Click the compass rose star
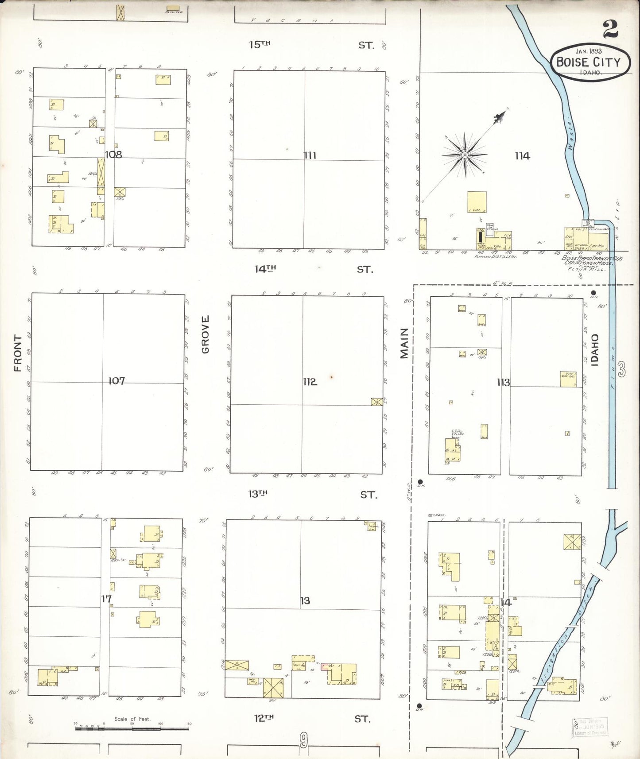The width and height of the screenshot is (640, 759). pyautogui.click(x=465, y=155)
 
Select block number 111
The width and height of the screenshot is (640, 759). pyautogui.click(x=310, y=155)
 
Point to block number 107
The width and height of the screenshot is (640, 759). pyautogui.click(x=116, y=380)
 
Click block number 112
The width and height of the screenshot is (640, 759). pyautogui.click(x=310, y=381)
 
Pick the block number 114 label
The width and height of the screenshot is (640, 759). pyautogui.click(x=522, y=155)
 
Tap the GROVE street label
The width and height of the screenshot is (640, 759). pyautogui.click(x=205, y=334)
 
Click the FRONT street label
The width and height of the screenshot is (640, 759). pyautogui.click(x=18, y=353)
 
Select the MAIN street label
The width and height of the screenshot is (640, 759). pyautogui.click(x=404, y=343)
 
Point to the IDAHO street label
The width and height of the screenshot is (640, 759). pyautogui.click(x=594, y=350)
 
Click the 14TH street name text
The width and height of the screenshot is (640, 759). pyautogui.click(x=265, y=269)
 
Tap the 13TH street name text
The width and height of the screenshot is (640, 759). pyautogui.click(x=258, y=494)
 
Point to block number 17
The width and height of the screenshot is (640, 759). pyautogui.click(x=106, y=599)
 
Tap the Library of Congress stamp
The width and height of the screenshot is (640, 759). pyautogui.click(x=590, y=727)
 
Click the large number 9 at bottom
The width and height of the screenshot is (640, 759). pyautogui.click(x=303, y=739)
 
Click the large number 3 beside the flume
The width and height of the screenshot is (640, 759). pyautogui.click(x=622, y=369)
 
